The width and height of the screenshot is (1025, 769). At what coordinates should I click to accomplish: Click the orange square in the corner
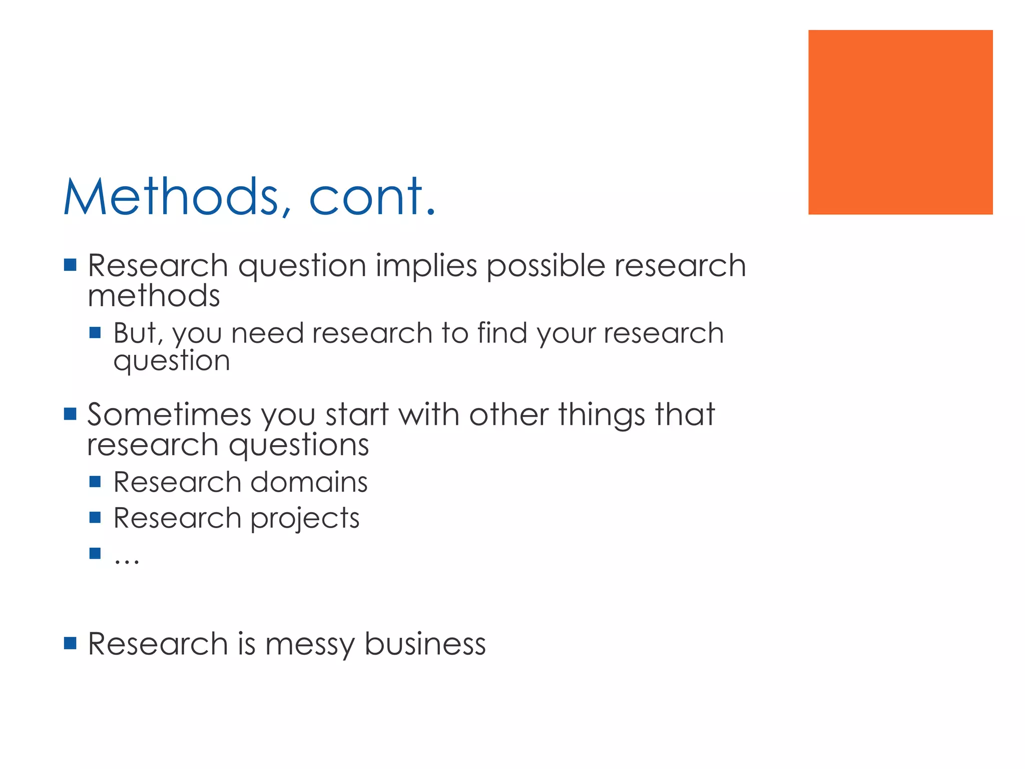pyautogui.click(x=900, y=122)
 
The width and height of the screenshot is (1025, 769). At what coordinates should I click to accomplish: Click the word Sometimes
pyautogui.click(x=169, y=415)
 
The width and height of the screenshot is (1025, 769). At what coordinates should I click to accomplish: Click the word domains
pyautogui.click(x=309, y=482)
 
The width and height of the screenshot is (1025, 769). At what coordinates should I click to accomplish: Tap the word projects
pyautogui.click(x=305, y=519)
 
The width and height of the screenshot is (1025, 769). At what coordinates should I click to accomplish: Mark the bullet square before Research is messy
pyautogui.click(x=70, y=643)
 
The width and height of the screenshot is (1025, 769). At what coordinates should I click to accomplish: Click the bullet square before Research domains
pyautogui.click(x=95, y=482)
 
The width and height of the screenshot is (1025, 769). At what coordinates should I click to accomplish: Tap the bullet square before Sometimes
pyautogui.click(x=70, y=414)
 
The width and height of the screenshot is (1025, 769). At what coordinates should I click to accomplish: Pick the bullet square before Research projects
pyautogui.click(x=95, y=517)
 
